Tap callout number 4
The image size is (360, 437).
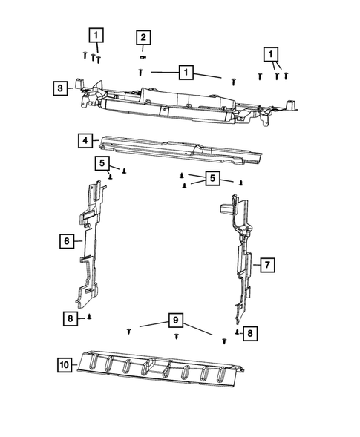[86, 140]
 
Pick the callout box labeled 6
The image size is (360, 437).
[66, 240]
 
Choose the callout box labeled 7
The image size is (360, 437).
[267, 263]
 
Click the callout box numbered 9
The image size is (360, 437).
[175, 321]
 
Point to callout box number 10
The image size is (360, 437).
[65, 364]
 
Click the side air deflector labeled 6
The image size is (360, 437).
[93, 245]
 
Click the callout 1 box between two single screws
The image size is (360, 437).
[184, 72]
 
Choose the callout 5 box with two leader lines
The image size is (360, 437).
[212, 179]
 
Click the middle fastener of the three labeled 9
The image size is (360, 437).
[177, 337]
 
